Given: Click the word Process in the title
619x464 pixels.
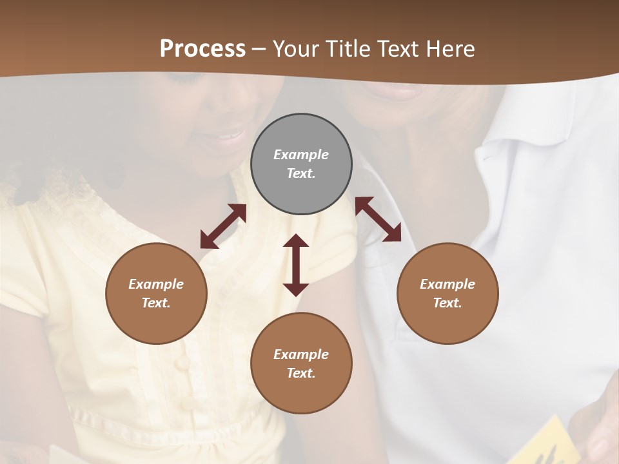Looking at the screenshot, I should [x=202, y=49].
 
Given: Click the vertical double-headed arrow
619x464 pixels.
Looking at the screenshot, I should [x=296, y=265].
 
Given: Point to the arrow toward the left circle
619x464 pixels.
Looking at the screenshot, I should [x=223, y=226].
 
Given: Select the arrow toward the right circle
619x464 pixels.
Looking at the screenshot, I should [x=378, y=219].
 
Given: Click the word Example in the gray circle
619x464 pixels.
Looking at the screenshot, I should [x=301, y=155].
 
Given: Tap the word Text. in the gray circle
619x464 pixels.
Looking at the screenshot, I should [x=301, y=173].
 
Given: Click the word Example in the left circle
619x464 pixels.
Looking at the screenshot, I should [x=156, y=284].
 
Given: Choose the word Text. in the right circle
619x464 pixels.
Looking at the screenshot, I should [x=447, y=303].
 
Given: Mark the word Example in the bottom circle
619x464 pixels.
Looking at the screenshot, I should [x=301, y=354].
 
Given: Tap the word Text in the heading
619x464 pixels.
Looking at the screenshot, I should [x=397, y=49].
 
